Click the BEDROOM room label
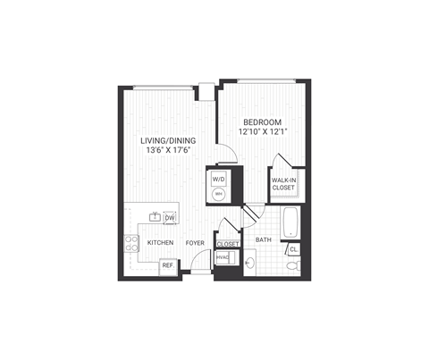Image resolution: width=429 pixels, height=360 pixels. coord(261,121)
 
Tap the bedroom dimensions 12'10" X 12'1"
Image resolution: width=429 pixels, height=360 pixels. coord(261,132)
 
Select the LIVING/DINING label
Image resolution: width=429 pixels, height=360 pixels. coord(167,141)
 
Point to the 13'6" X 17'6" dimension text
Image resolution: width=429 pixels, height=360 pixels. coord(167,152)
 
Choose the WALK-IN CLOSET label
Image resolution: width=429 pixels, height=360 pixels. coord(285,185)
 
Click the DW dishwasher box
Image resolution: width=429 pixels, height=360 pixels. coord(170,217)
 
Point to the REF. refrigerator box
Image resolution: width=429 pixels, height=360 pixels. coord(167,266)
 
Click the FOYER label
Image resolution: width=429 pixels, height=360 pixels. coord(196,243)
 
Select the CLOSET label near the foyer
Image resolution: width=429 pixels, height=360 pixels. coord(227,244)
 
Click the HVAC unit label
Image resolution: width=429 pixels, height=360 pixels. coord(223,258)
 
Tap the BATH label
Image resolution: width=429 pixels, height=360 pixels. coord(263,240)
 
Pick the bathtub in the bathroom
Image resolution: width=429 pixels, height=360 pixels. coord(291,222)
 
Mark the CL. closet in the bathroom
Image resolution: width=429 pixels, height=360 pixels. coord(294,249)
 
